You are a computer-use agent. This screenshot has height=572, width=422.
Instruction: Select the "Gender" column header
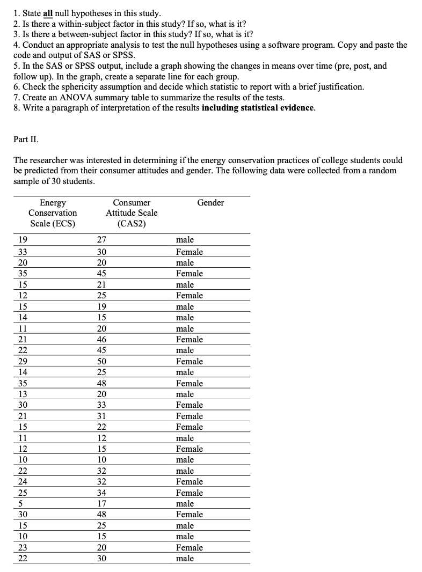pyautogui.click(x=210, y=202)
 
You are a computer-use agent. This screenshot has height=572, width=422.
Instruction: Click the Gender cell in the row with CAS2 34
pyautogui.click(x=190, y=493)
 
